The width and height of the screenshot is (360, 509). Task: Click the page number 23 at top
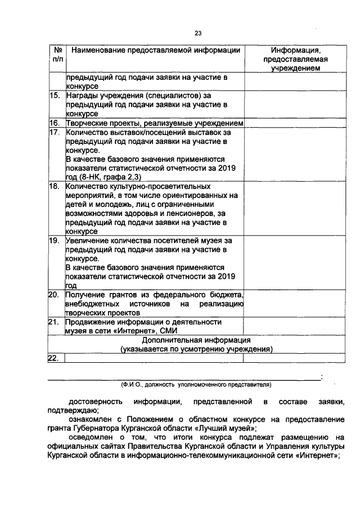[x=197, y=33]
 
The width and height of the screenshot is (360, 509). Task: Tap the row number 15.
[x=55, y=96]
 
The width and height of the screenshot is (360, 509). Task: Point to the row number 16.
[x=55, y=123]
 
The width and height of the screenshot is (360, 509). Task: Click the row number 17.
[x=55, y=133]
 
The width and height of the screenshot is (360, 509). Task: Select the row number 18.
[x=55, y=186]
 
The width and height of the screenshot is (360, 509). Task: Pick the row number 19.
[x=55, y=240]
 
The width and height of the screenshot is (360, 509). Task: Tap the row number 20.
[x=55, y=295]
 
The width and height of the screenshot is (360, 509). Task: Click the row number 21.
[x=55, y=322]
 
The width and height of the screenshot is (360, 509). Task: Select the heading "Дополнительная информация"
[x=196, y=340]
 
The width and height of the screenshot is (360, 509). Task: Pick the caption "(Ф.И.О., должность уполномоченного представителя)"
[x=196, y=385]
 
